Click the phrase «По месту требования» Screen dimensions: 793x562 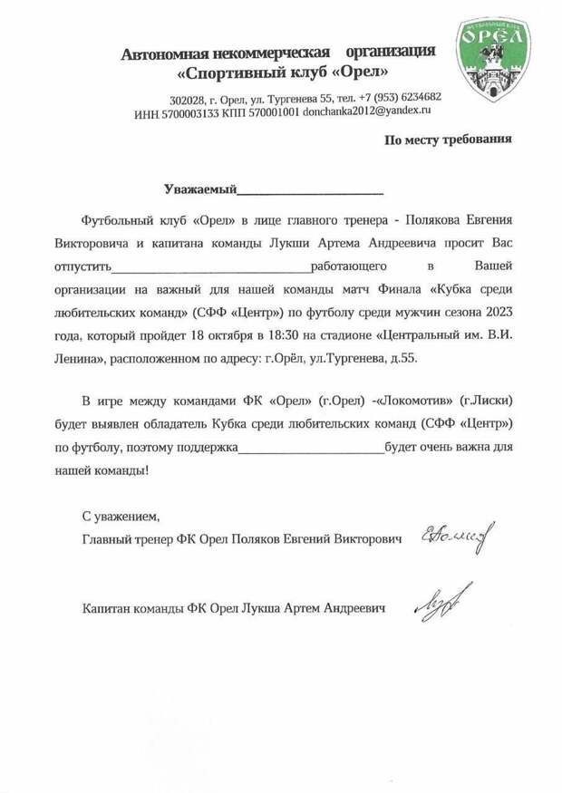[448, 140]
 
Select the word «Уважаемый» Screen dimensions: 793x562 [199, 190]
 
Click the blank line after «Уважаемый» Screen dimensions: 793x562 [309, 192]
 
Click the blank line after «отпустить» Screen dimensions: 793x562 [210, 269]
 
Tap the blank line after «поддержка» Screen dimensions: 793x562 [311, 447]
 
